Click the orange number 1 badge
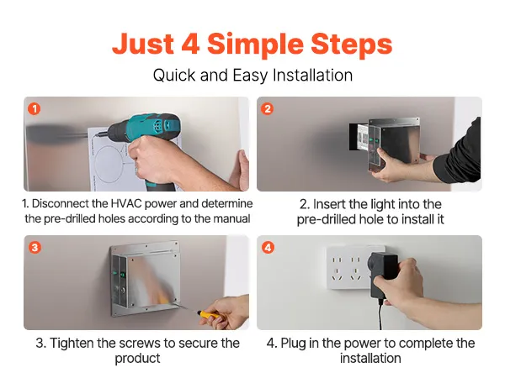[35, 108]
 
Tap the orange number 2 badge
[268, 108]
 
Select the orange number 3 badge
[35, 248]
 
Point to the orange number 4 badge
[268, 248]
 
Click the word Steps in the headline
[351, 45]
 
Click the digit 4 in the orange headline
[190, 44]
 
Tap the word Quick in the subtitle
[174, 76]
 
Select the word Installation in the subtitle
[312, 76]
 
